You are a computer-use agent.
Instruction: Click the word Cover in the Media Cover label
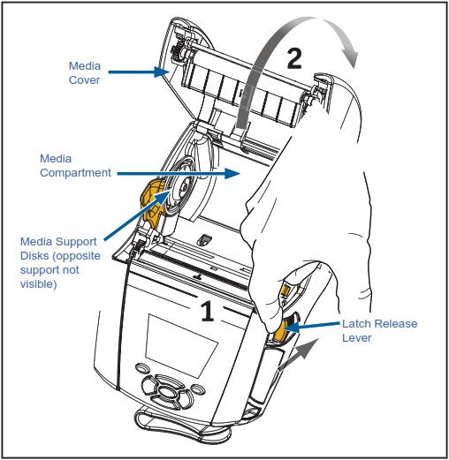(84, 80)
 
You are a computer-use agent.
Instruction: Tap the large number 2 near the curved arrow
(294, 58)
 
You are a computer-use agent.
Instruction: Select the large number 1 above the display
(208, 311)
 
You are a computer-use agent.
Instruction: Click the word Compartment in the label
(75, 173)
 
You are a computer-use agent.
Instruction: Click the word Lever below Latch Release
(357, 338)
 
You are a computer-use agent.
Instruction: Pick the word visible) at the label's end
(38, 284)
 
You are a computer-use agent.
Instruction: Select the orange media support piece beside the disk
(152, 203)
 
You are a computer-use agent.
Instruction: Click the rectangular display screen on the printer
(181, 345)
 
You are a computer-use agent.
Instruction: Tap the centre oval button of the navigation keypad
(167, 392)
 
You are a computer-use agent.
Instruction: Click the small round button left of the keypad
(142, 368)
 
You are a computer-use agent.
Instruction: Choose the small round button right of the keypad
(198, 389)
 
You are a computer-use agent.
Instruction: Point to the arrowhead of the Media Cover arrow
(162, 72)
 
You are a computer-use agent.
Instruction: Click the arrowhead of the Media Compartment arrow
(232, 173)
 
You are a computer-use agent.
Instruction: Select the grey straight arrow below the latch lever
(298, 354)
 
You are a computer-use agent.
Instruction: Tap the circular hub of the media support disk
(184, 187)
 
